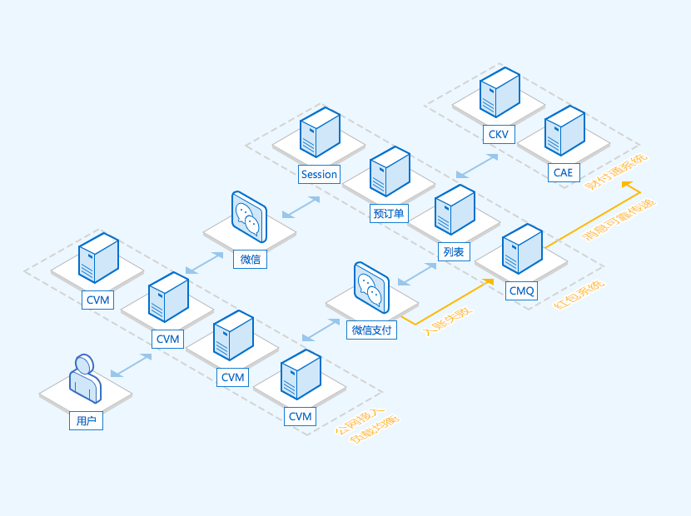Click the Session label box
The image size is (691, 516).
point(320,174)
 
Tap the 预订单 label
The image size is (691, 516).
point(389,214)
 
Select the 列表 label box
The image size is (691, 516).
point(455,251)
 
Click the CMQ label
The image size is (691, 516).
point(522,290)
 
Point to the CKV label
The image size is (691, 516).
point(499,134)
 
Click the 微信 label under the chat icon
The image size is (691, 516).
point(251,259)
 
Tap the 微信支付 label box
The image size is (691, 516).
point(371,330)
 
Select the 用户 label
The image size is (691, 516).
point(87,421)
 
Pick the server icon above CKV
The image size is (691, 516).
point(500,92)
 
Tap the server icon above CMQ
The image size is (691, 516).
point(522,249)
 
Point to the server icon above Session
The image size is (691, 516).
point(320,132)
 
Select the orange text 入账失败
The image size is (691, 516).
point(448,320)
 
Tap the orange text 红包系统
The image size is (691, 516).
point(579,295)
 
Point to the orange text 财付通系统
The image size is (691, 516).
point(616,171)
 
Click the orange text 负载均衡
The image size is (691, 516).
point(374,428)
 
